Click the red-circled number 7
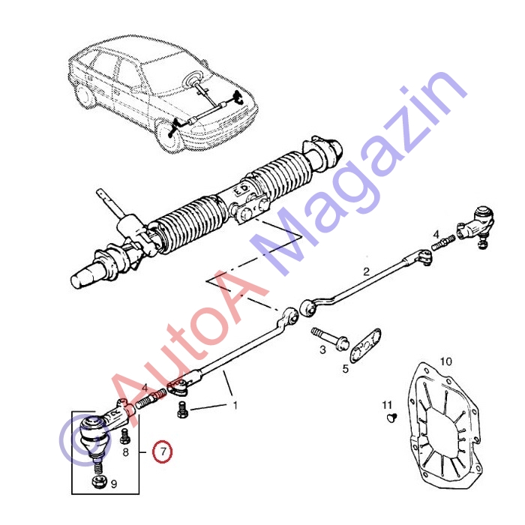pos(163,451)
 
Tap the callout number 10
pos(445,361)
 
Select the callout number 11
pos(387,405)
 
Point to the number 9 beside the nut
pos(114,484)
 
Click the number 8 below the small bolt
pos(125,452)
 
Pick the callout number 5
pos(345,369)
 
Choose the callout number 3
pos(322,350)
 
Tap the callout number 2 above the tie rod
pos(366,271)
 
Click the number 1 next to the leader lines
pos(235,405)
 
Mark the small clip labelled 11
pos(391,417)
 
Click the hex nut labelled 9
pos(99,481)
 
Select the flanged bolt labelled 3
pos(330,337)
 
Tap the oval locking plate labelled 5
pos(365,345)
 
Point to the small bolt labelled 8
pos(125,436)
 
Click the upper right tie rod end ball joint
pos(476,226)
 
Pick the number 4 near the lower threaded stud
pos(144,388)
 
